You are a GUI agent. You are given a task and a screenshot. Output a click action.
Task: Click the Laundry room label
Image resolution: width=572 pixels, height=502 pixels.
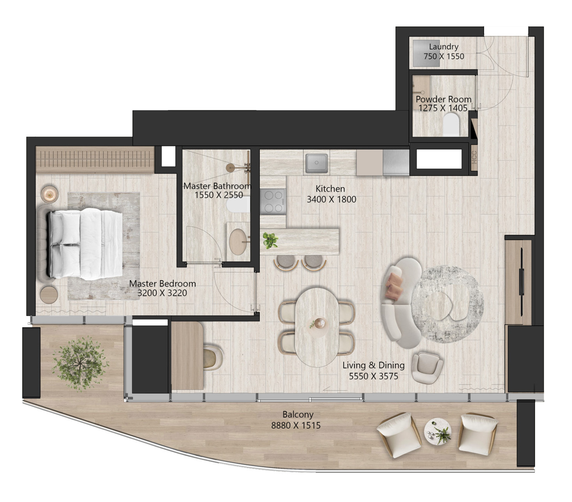(x=443, y=47)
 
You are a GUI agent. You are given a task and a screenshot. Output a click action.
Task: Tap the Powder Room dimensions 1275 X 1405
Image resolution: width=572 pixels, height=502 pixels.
(x=443, y=108)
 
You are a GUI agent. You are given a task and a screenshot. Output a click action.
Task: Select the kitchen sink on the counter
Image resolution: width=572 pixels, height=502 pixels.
(x=316, y=163)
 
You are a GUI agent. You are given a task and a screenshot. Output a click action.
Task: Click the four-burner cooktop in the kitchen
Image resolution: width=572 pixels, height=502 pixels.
(x=273, y=201)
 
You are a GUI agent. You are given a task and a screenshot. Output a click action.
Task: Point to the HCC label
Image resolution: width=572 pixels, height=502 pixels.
(x=474, y=158)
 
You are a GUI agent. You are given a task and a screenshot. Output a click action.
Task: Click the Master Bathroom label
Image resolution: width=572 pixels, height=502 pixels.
(x=217, y=186)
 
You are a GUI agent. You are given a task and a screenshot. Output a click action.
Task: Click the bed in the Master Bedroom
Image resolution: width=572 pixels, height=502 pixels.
(x=85, y=244)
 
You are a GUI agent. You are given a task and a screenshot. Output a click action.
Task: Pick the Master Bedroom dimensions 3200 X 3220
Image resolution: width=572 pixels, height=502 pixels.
(x=162, y=293)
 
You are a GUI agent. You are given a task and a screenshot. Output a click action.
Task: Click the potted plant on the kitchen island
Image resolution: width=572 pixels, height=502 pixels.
(x=270, y=240)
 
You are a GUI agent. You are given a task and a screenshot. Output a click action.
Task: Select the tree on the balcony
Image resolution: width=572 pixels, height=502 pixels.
(x=81, y=364)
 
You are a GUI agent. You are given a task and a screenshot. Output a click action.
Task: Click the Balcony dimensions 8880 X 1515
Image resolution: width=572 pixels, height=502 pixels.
(x=296, y=426)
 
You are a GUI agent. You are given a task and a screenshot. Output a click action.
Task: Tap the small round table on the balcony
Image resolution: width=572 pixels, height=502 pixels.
(x=438, y=432)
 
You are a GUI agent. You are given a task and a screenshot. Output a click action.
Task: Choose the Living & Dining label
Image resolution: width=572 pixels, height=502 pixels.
(x=374, y=365)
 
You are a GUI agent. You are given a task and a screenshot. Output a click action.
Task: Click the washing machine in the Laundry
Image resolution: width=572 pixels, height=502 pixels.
(x=426, y=53)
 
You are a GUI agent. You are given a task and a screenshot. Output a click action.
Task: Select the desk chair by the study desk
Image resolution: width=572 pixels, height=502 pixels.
(x=213, y=358)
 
